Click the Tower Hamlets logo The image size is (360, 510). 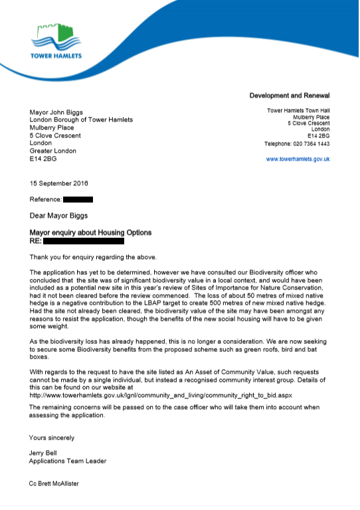[x=55, y=41]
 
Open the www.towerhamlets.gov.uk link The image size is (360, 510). [x=298, y=159]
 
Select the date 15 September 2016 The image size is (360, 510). [x=59, y=183]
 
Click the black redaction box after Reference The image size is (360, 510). [x=78, y=199]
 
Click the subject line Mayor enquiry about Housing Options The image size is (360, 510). [x=90, y=232]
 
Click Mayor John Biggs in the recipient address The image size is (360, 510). [x=63, y=112]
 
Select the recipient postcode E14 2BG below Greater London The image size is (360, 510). [x=45, y=160]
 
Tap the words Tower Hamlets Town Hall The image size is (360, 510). [x=298, y=110]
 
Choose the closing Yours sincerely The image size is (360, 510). [x=52, y=438]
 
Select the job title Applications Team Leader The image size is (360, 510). [x=68, y=461]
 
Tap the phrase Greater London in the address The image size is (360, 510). [x=53, y=151]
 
